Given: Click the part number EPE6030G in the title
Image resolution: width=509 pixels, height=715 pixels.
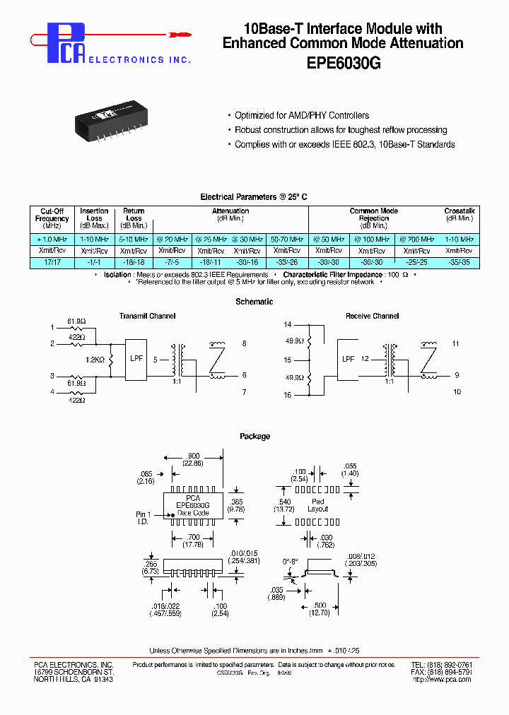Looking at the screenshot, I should [343, 62].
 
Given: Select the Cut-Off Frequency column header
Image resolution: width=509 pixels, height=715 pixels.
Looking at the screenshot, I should [52, 218].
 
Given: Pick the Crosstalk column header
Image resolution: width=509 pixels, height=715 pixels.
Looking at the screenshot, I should [460, 214].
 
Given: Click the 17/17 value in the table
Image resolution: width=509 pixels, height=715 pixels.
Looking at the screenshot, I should [52, 262].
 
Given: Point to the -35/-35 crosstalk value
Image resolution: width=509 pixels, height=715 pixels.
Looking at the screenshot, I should [460, 262].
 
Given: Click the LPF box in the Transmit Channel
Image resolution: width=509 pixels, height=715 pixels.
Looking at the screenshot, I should [136, 357].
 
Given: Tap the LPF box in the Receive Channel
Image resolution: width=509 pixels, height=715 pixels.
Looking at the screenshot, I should [349, 359].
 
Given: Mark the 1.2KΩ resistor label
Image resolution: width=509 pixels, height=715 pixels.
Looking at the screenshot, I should [94, 360].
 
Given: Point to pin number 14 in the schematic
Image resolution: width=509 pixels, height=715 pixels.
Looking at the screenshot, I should [287, 324].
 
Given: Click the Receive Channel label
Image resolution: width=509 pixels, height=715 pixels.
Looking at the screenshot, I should [372, 316].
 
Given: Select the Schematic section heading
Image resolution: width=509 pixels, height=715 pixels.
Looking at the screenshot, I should [255, 302].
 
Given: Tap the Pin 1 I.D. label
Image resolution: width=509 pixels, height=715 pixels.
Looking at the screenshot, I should [144, 517].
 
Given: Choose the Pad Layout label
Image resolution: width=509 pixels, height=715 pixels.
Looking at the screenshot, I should [318, 504].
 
